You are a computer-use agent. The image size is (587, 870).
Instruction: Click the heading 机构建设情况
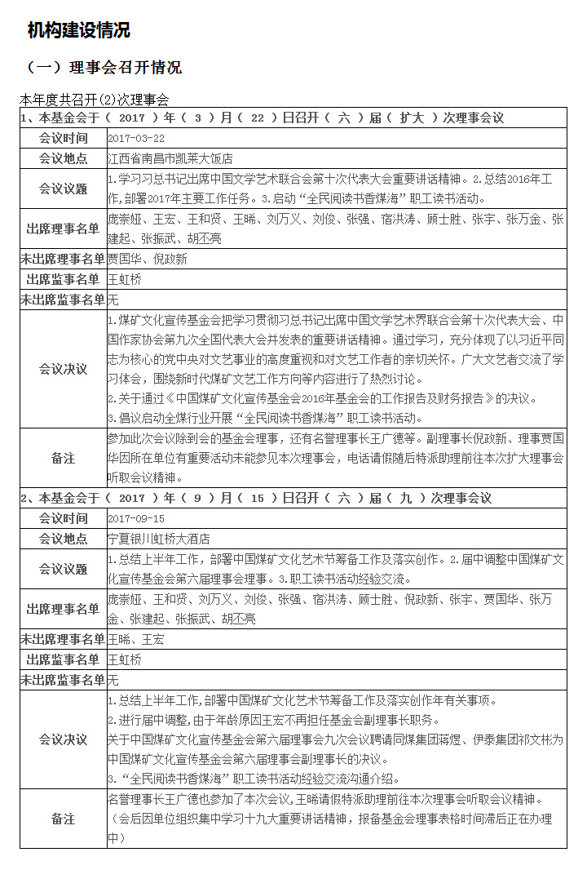pyautogui.click(x=78, y=31)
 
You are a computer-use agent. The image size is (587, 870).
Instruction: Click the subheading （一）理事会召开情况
pyautogui.click(x=104, y=67)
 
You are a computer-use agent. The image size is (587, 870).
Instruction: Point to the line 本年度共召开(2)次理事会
pyautogui.click(x=95, y=100)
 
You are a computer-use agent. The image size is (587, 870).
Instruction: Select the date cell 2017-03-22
pyautogui.click(x=136, y=139)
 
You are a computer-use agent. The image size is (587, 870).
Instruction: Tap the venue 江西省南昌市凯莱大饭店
pyautogui.click(x=170, y=158)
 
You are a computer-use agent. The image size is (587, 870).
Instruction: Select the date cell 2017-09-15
pyautogui.click(x=136, y=519)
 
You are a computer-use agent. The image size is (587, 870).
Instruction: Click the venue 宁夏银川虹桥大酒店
pyautogui.click(x=159, y=539)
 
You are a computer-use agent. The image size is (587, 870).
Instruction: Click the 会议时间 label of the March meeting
pyautogui.click(x=64, y=139)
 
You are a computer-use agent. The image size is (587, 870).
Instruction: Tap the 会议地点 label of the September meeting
pyautogui.click(x=64, y=539)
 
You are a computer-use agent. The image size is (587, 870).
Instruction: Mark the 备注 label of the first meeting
pyautogui.click(x=64, y=459)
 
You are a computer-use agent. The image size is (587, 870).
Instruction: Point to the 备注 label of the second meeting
pyautogui.click(x=64, y=819)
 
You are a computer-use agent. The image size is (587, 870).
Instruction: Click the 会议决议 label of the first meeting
pyautogui.click(x=64, y=369)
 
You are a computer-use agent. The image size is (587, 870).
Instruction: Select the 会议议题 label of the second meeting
pyautogui.click(x=64, y=569)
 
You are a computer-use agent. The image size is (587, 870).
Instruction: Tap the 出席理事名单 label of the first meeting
pyautogui.click(x=64, y=229)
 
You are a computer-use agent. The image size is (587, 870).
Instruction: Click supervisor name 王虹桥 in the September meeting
pyautogui.click(x=125, y=659)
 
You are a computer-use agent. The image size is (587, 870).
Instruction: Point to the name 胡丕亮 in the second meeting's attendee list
pyautogui.click(x=236, y=619)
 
